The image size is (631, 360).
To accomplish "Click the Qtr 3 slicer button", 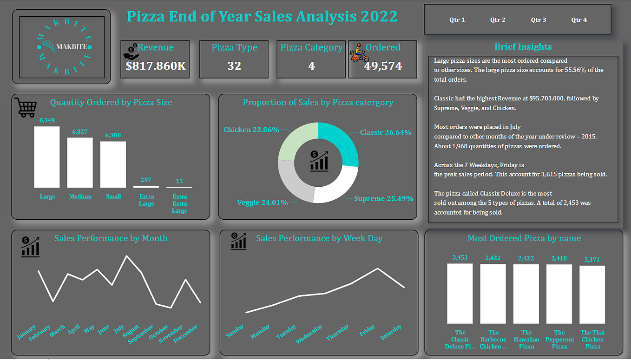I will coord(539,20).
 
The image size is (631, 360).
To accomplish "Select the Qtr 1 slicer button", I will coord(457,20).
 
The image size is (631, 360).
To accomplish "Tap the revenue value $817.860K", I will coord(156,66).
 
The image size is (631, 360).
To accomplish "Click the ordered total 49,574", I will coord(383,66).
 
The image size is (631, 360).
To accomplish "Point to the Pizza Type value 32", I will coord(234,66).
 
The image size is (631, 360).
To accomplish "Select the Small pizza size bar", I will coord(113,164).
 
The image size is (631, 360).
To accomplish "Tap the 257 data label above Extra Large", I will coord(146,180).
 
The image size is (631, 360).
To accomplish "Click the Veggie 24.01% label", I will coord(262,203).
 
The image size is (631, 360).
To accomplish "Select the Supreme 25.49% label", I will coord(383,199).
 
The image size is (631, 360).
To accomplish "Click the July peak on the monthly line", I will coord(126,256).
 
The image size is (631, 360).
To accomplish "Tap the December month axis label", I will coord(185,334).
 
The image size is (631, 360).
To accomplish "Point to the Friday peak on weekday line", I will coord(378,268).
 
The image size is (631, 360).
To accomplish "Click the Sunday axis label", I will coord(235,331).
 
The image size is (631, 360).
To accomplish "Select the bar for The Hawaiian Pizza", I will coord(526,294).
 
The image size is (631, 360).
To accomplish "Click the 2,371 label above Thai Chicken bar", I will coord(592,260).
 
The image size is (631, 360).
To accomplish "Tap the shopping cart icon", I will coord(25,107).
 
